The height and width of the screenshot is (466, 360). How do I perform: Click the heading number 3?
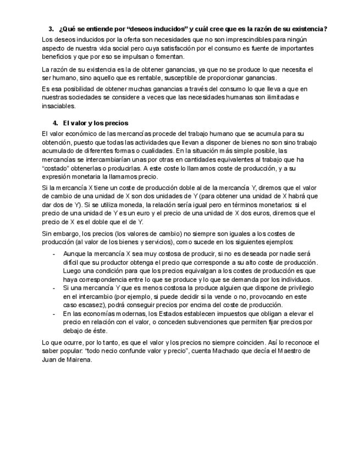tap(51, 29)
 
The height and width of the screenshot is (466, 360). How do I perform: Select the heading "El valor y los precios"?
tap(96, 123)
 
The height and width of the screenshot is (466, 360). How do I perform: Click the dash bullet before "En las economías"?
tap(53, 314)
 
